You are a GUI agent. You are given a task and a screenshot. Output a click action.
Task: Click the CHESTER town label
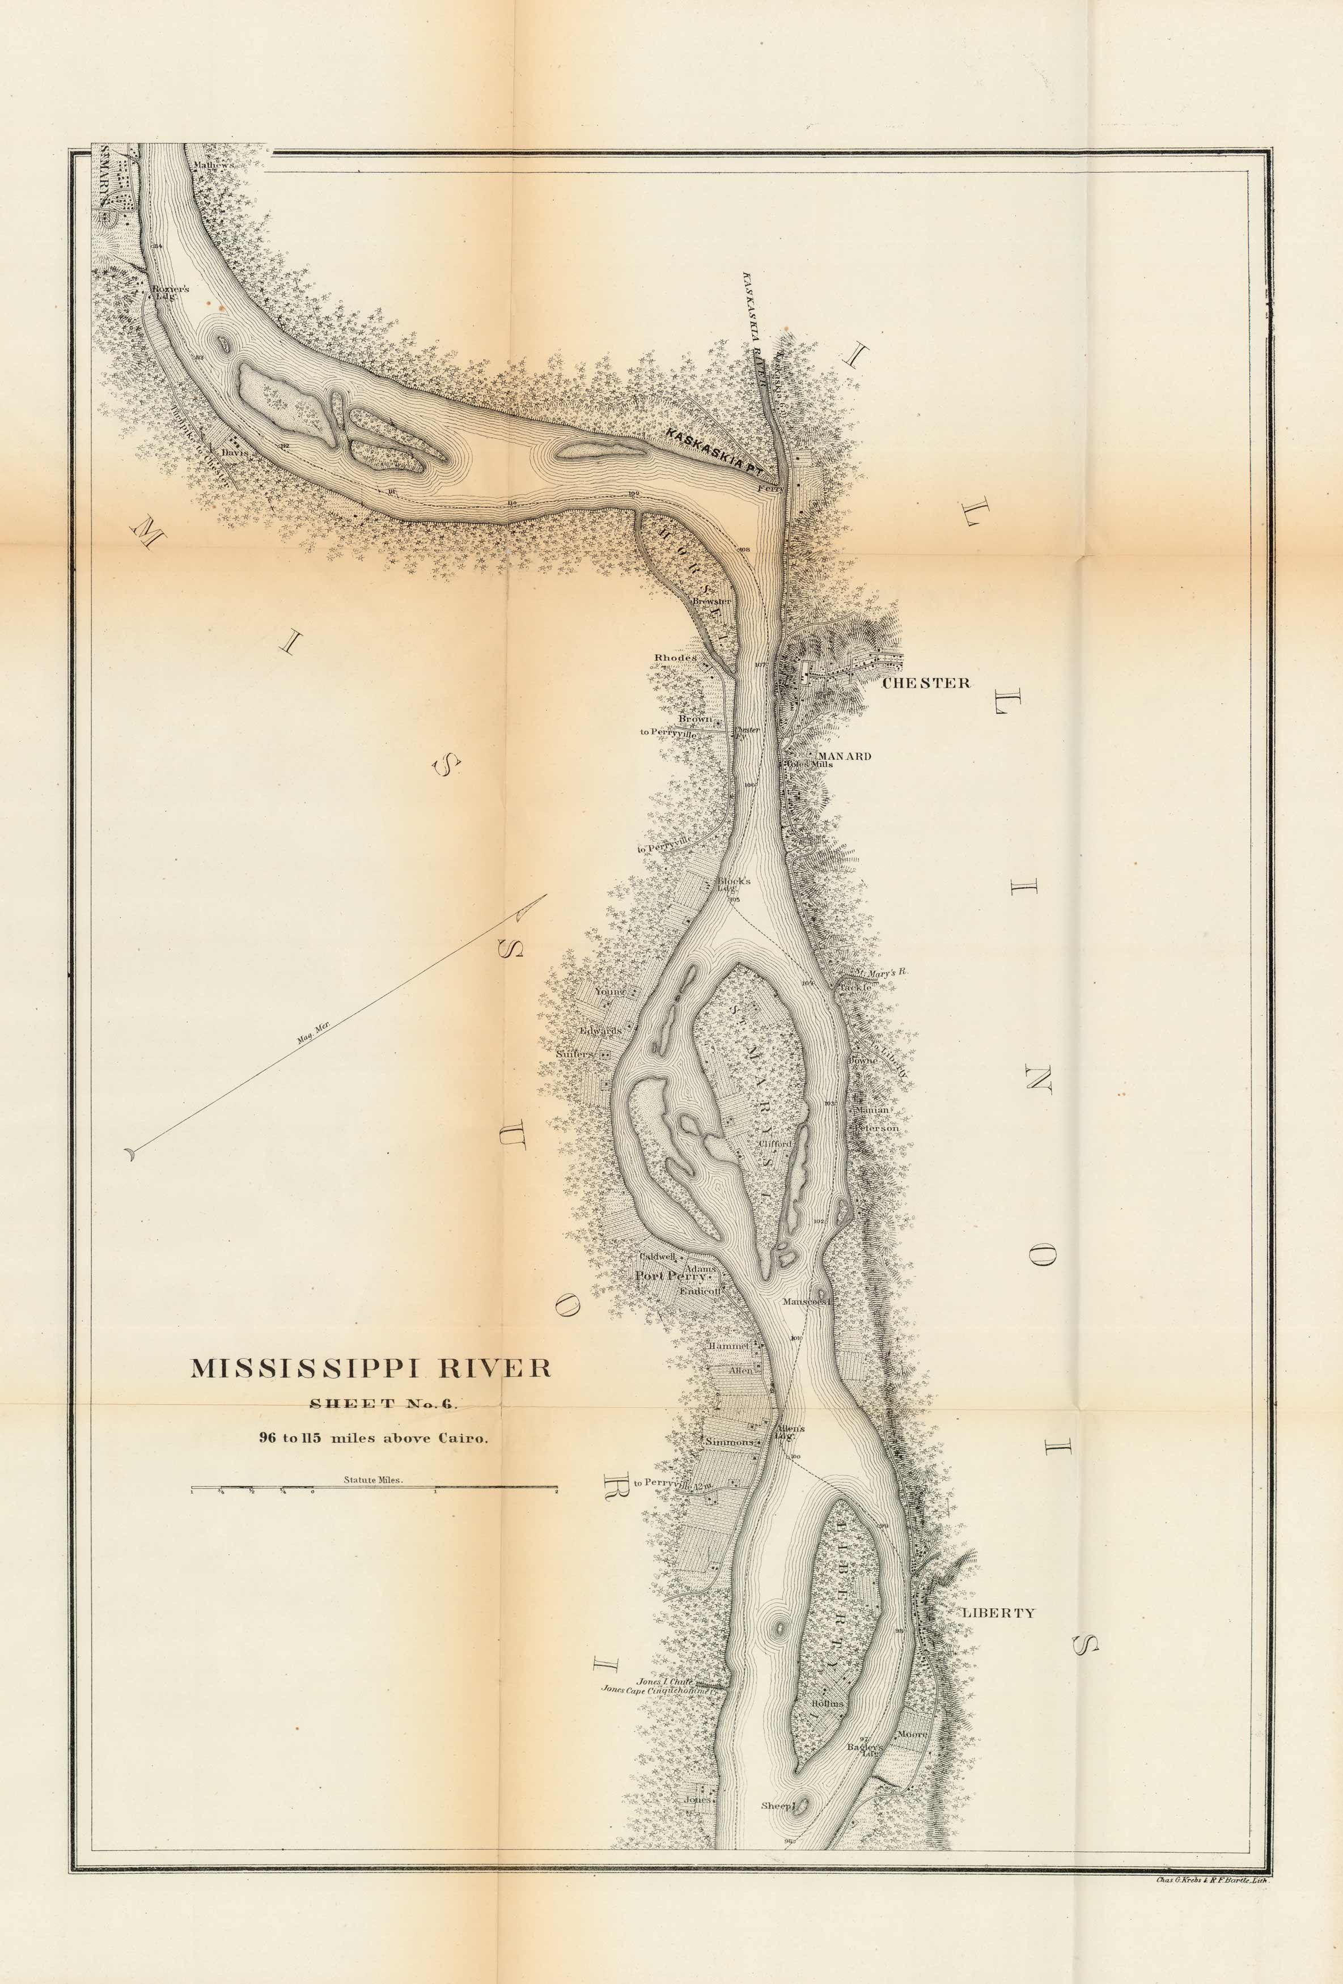[926, 683]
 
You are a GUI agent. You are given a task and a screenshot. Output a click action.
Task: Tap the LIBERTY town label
[998, 1613]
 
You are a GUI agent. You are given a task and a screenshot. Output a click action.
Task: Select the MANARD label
[844, 756]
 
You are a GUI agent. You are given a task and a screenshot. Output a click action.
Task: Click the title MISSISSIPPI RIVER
[370, 1368]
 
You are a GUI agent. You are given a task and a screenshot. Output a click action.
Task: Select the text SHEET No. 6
[384, 1404]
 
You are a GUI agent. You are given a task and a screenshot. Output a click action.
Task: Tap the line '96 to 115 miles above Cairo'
[374, 1438]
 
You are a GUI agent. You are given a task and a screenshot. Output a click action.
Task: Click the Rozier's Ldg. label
[170, 292]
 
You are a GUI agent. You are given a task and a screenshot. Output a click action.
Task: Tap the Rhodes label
[675, 658]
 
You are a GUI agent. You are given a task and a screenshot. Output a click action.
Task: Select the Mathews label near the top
[213, 165]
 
